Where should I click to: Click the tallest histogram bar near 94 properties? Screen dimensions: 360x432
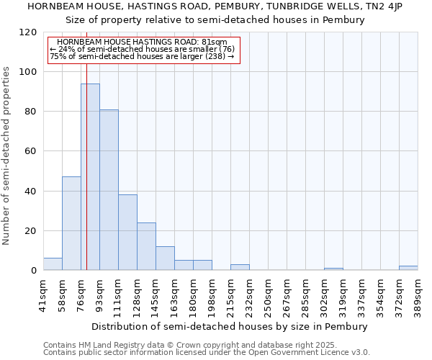click(90, 176)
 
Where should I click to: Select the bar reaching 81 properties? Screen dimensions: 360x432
click(109, 190)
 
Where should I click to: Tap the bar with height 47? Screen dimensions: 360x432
click(71, 223)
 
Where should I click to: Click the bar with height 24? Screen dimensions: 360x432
click(146, 246)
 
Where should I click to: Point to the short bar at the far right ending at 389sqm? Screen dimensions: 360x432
click(408, 268)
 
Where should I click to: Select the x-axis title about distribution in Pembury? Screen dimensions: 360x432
click(230, 326)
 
